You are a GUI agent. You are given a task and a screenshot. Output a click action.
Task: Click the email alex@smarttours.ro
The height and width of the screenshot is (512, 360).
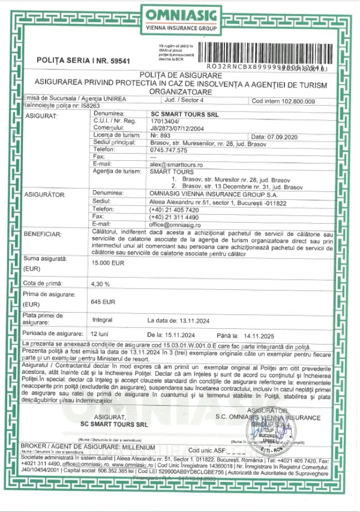coord(174,164)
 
